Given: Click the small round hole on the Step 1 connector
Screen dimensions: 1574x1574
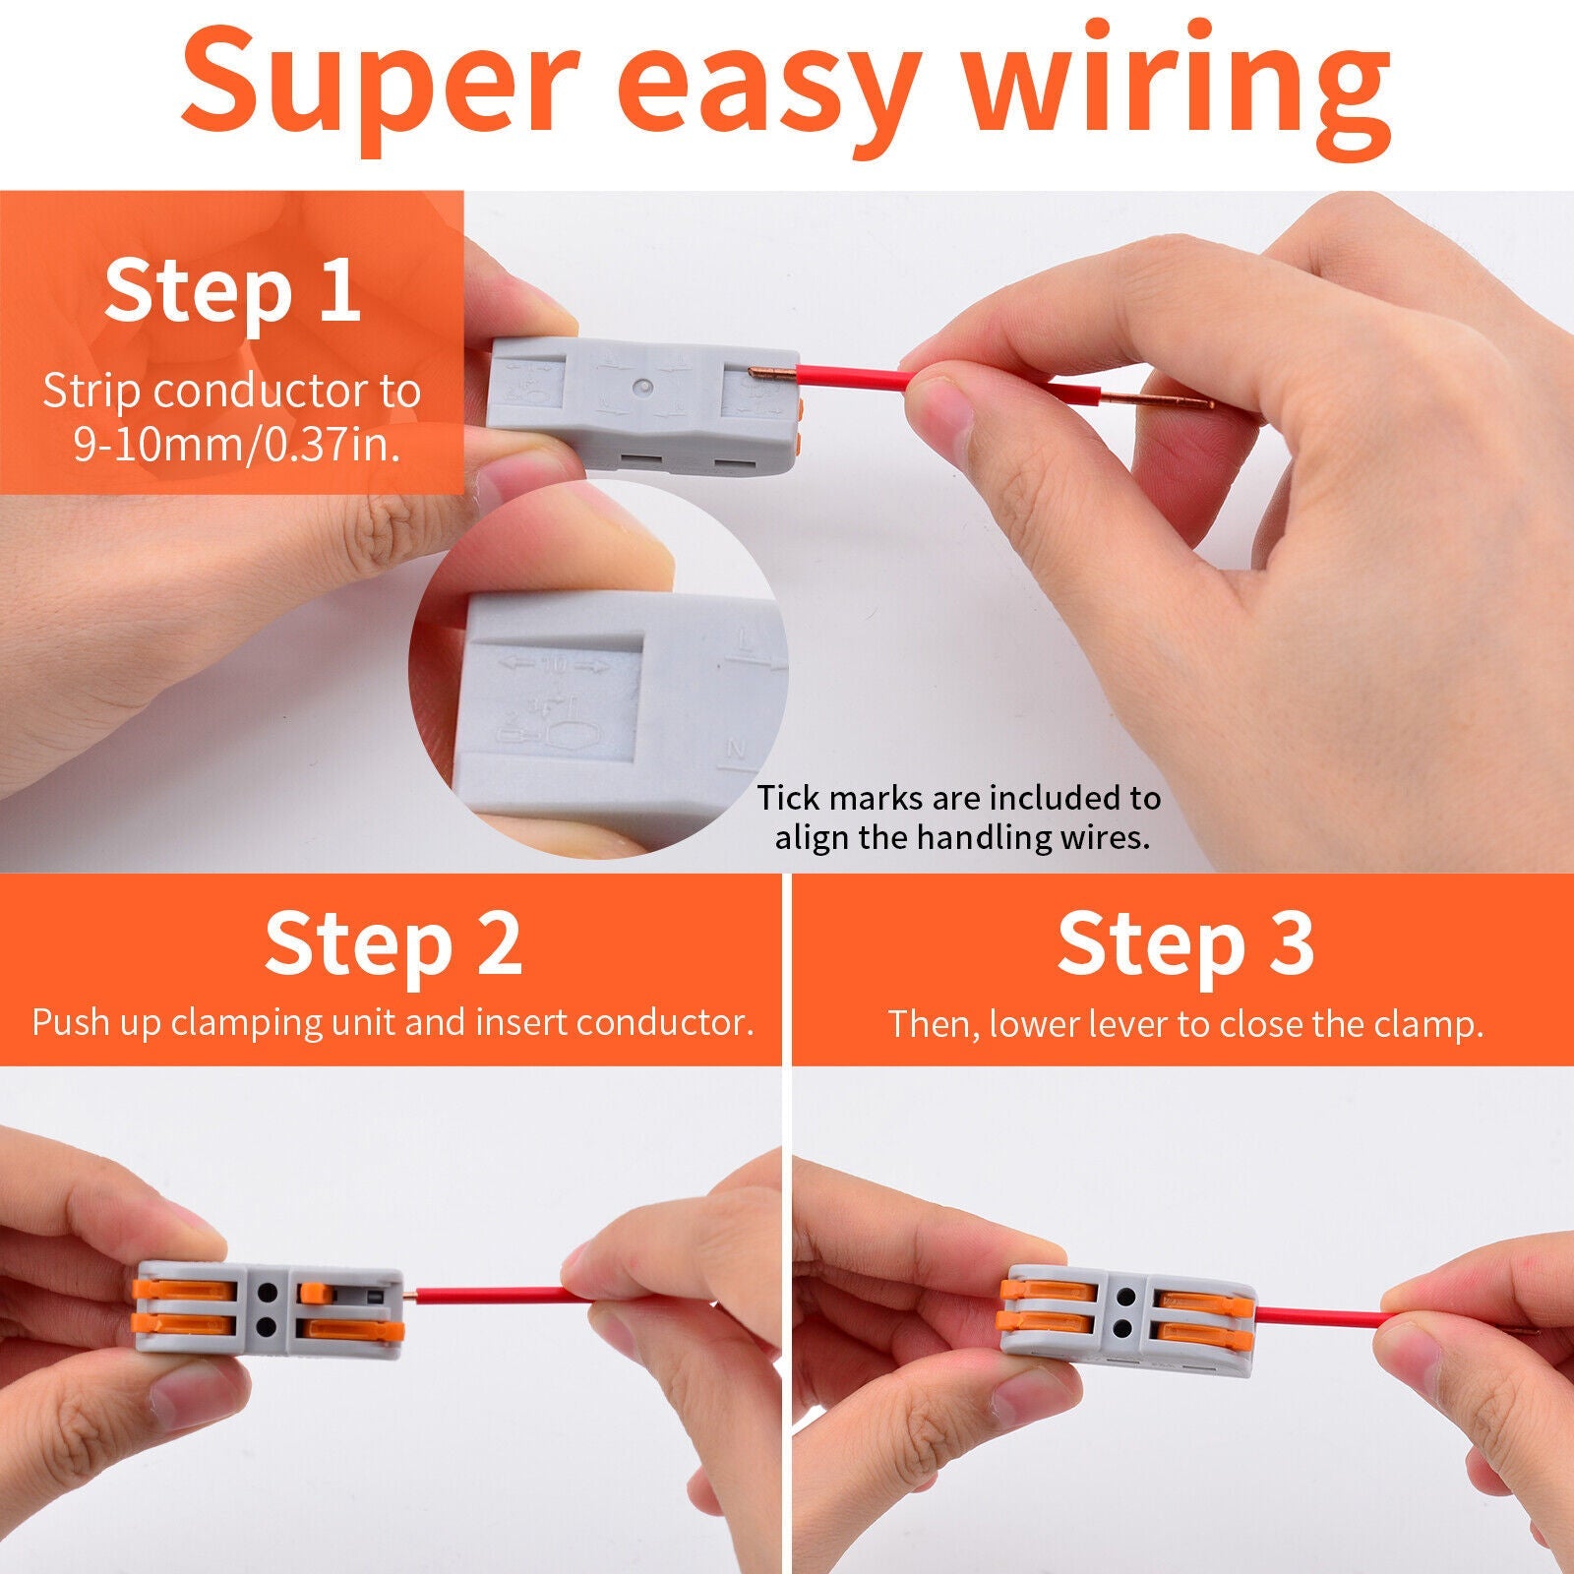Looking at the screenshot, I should (x=642, y=388).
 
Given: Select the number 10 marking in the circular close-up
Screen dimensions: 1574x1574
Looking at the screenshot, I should (x=554, y=666).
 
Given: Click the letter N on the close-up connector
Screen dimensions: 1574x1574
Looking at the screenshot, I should (x=735, y=750).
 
